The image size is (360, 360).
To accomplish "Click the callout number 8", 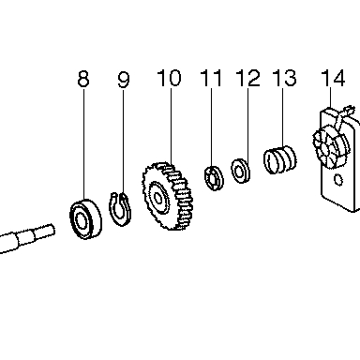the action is click(x=83, y=79).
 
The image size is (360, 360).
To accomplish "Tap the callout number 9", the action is click(x=124, y=80).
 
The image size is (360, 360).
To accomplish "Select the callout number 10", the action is click(x=169, y=78).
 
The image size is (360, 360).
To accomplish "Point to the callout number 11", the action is click(x=211, y=78).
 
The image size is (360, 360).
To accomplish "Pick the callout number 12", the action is click(x=248, y=78).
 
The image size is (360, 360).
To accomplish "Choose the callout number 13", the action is click(x=284, y=78).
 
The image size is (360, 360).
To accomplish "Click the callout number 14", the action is click(x=333, y=78).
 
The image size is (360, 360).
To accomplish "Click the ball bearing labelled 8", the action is click(x=85, y=218).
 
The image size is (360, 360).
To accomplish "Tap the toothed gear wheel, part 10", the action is click(x=168, y=196).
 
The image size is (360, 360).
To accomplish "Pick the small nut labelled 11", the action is click(x=214, y=178).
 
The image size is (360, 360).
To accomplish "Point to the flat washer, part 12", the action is click(x=240, y=171).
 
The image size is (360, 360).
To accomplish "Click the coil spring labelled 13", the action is click(x=280, y=159).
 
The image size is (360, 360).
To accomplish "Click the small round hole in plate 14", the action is click(x=337, y=180).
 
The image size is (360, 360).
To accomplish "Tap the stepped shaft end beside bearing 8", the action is click(x=26, y=238).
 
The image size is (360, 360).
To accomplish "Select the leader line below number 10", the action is click(x=171, y=126).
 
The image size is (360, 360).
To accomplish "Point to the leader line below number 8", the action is click(x=83, y=143).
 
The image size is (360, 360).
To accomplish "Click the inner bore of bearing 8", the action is click(x=82, y=221).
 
